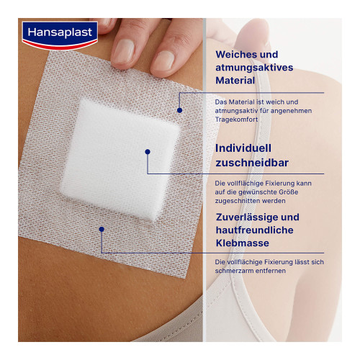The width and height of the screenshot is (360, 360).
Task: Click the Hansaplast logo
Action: (60, 35)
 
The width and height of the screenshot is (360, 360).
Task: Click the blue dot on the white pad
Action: (148, 152)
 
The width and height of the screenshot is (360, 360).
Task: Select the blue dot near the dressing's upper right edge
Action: (179, 110)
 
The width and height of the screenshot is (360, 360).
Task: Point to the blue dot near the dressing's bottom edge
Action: (102, 230)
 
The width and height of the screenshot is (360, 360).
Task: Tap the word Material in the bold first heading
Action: (235, 81)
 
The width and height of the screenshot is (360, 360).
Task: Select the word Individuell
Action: (243, 148)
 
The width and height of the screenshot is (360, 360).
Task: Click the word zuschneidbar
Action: (252, 163)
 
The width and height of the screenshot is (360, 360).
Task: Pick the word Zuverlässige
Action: (246, 217)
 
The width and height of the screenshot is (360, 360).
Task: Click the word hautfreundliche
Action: (255, 230)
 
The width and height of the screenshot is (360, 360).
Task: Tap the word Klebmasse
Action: (243, 243)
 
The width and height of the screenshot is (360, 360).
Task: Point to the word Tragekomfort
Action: (236, 120)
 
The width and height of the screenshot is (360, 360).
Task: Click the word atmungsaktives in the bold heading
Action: (254, 68)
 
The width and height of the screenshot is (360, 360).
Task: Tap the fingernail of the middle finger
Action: (124, 51)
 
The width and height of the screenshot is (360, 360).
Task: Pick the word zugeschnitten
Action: (238, 201)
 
